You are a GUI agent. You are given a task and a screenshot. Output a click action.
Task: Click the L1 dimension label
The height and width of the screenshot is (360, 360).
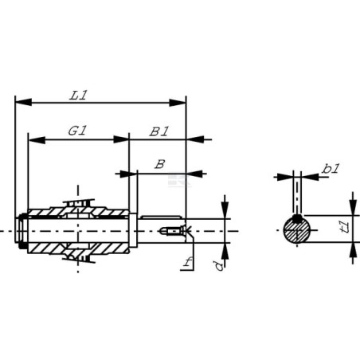[x=78, y=96]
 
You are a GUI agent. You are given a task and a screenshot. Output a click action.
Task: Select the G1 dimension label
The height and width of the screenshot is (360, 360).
[x=77, y=131]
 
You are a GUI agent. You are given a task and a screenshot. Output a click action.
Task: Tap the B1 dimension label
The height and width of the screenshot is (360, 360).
[x=159, y=131]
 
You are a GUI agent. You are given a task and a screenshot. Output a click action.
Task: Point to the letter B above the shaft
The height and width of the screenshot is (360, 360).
[x=160, y=164]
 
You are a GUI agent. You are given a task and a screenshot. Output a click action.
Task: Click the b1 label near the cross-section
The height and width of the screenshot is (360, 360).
[x=331, y=169]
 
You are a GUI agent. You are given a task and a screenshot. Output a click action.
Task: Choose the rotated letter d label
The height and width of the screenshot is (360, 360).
[x=219, y=266]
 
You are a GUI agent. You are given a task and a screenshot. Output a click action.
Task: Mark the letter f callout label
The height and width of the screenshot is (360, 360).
[x=187, y=262]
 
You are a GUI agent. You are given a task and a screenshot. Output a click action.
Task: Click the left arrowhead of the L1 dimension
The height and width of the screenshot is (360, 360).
[x=23, y=102]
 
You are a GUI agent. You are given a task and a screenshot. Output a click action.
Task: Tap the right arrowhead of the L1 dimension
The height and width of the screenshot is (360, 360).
[x=178, y=103]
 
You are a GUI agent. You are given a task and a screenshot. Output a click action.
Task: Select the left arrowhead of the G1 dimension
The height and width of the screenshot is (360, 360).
[x=37, y=139]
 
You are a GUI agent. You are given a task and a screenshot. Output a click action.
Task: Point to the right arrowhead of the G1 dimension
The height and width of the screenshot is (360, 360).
[x=121, y=139]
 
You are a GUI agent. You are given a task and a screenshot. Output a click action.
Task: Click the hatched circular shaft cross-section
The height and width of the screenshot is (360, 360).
[x=297, y=230]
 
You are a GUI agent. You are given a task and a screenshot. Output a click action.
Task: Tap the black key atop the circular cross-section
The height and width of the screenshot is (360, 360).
[x=297, y=218]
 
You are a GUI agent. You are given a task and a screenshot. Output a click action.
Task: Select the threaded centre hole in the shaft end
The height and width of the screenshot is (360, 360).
[x=174, y=231]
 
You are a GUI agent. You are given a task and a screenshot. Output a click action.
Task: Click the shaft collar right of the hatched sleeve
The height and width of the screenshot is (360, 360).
[x=133, y=230]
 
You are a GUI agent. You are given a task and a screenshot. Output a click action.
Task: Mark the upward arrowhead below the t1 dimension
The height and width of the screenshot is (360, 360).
[x=353, y=250]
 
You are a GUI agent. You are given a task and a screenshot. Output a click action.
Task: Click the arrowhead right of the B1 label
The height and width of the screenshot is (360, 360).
[x=195, y=139]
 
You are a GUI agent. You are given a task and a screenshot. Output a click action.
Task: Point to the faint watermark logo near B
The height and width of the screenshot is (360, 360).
[x=179, y=180]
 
